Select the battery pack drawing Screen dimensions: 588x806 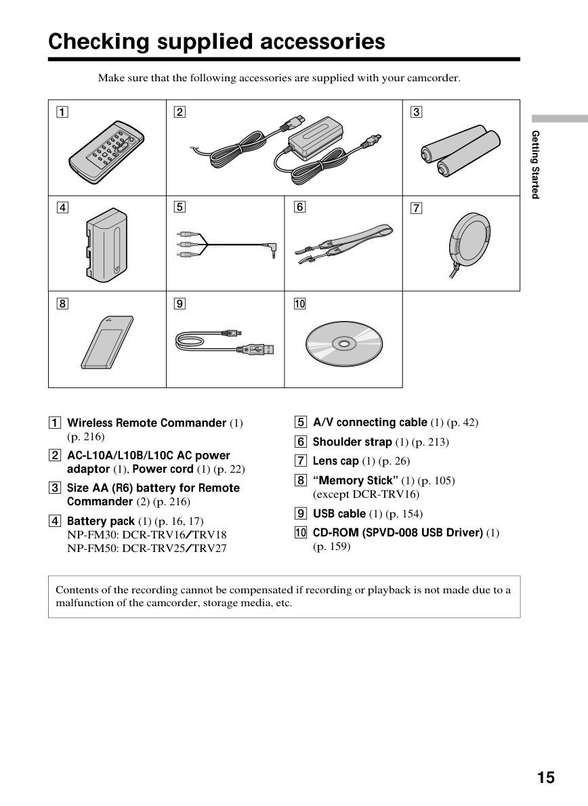[106, 245]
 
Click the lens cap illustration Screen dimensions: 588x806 [469, 240]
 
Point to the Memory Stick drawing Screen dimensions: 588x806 [107, 342]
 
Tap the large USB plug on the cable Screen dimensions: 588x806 [261, 349]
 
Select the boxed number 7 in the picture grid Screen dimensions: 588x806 [416, 208]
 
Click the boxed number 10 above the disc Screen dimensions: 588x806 [299, 304]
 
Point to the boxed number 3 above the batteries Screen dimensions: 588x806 [416, 112]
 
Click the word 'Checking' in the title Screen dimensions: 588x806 [99, 41]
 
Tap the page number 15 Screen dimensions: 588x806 [546, 778]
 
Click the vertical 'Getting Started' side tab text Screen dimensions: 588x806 [536, 165]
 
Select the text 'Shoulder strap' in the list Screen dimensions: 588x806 [352, 442]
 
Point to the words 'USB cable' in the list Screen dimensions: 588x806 [339, 513]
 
